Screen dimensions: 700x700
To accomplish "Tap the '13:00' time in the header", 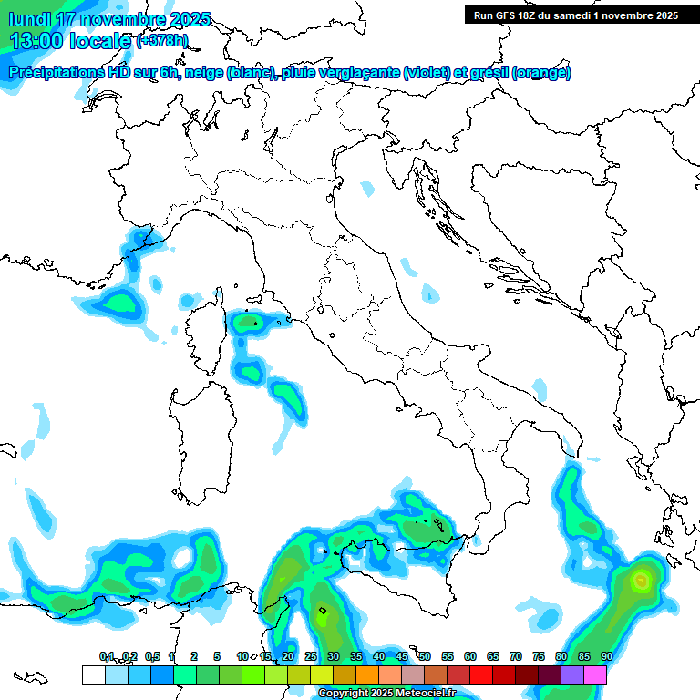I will click(37, 40).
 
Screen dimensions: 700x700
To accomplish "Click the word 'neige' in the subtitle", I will click(204, 73).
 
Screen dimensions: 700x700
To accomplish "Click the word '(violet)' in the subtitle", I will click(434, 73).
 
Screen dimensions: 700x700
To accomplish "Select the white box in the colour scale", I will click(93, 674).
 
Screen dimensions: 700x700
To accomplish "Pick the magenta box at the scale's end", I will click(595, 674).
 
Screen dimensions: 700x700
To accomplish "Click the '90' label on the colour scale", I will click(606, 656).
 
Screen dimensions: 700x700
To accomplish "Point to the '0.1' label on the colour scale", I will click(108, 656).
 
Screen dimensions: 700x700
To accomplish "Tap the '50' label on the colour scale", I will click(425, 656).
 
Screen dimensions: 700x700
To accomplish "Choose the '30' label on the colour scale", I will click(334, 656).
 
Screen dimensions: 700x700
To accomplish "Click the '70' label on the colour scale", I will click(516, 656).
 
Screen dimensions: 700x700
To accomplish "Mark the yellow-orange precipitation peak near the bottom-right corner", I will click(642, 579).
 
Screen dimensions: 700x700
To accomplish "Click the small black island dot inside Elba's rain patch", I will click(256, 322).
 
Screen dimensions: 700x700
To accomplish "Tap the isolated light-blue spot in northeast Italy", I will click(366, 189).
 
